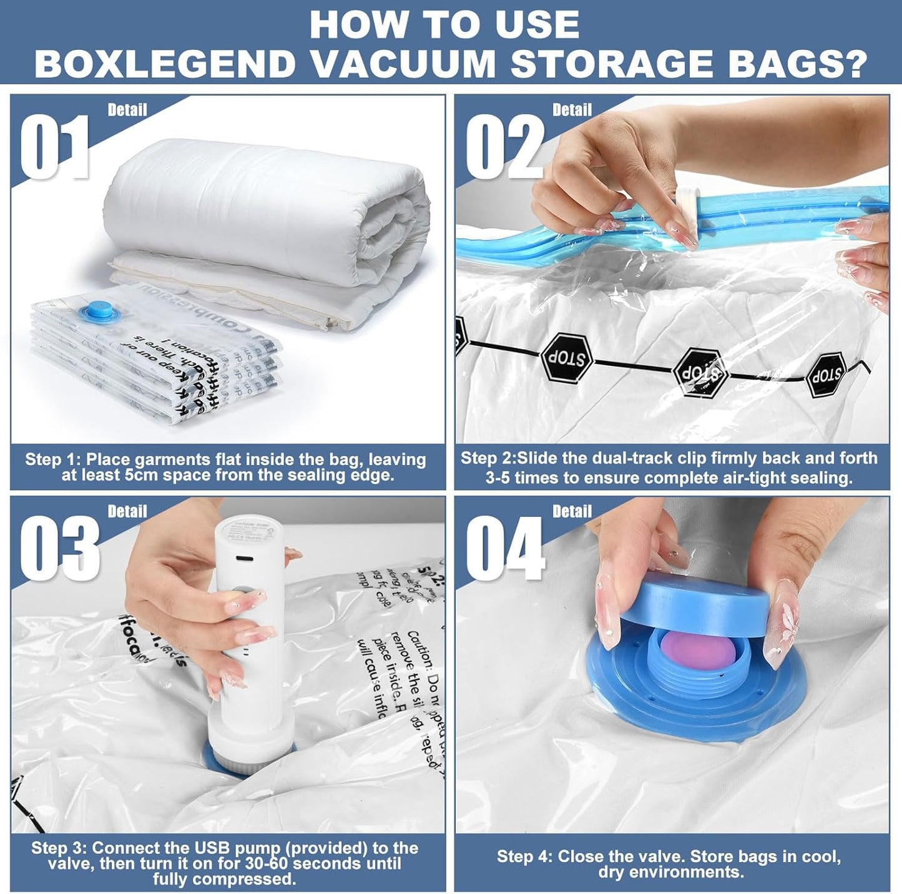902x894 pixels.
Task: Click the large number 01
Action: tap(55, 146)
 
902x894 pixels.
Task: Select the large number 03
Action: tap(59, 548)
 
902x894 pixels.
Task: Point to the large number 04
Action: tap(506, 548)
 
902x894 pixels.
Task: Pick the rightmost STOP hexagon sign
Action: tap(826, 375)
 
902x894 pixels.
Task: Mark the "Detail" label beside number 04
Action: tap(572, 511)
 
